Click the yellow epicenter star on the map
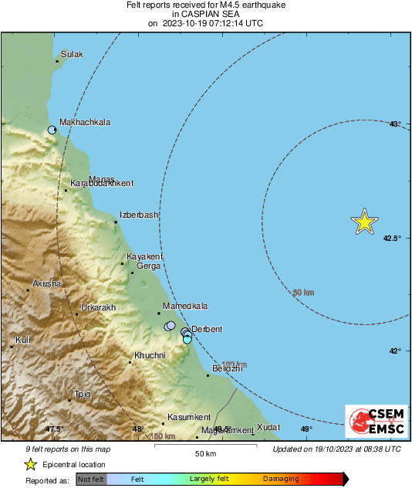coord(364,222)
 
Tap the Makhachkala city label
coord(85,122)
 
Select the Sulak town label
coord(72,54)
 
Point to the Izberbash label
coord(139,215)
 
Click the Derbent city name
coord(206,329)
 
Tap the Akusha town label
coord(46,283)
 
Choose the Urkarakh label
coord(98,307)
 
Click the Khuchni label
coord(150,355)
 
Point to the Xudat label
coord(268,426)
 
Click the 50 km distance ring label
coord(303,293)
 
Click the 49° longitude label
coord(306,429)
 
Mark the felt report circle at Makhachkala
coord(52,130)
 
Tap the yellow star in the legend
coord(30,464)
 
